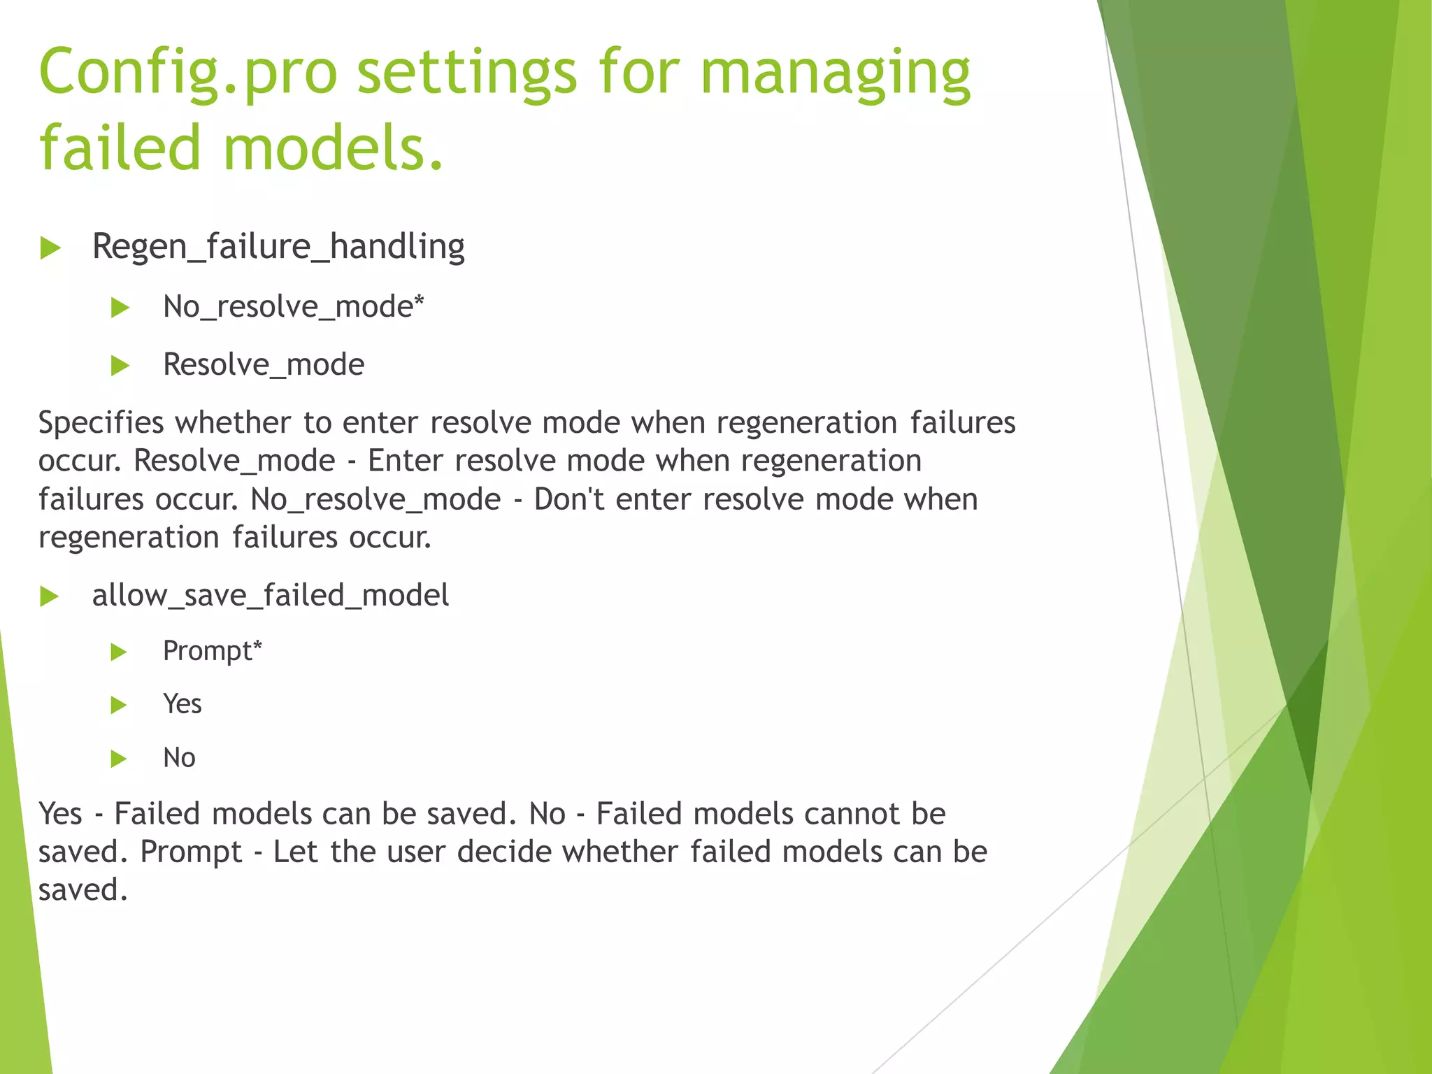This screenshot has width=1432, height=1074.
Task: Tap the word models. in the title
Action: [x=334, y=148]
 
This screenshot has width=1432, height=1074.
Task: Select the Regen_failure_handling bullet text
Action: [x=278, y=247]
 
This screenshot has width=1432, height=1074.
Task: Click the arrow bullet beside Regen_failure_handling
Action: [x=50, y=248]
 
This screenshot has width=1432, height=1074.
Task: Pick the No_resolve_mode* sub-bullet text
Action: [x=293, y=307]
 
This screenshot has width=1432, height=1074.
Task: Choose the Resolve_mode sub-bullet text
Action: [x=264, y=365]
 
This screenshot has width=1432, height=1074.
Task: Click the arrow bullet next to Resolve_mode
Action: [x=120, y=366]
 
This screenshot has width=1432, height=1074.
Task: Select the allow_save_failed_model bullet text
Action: [x=271, y=596]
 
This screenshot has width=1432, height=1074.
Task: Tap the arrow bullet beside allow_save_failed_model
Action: [x=49, y=596]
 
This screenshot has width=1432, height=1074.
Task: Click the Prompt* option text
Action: [x=212, y=651]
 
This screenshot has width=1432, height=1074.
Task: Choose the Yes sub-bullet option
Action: [x=182, y=704]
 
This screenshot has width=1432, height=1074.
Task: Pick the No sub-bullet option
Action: [x=179, y=758]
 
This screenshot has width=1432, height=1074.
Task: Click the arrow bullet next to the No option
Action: [x=119, y=759]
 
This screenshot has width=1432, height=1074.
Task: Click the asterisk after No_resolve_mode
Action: [x=419, y=301]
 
